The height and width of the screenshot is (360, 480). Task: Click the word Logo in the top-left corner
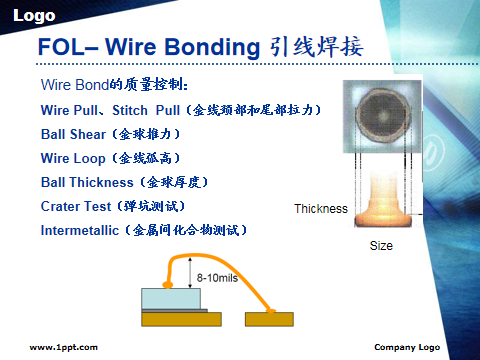click(x=34, y=16)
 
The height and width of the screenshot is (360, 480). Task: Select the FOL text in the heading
click(x=62, y=47)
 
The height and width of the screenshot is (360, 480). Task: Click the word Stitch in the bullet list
click(x=130, y=110)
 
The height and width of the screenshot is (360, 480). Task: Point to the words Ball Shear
click(x=73, y=134)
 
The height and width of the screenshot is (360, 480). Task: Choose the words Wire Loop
click(x=73, y=158)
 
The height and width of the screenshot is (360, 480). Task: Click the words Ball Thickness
click(x=87, y=182)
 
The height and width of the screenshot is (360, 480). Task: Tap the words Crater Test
click(x=76, y=206)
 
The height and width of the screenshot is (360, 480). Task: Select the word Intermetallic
click(x=80, y=230)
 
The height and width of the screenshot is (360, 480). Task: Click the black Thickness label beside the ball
click(x=321, y=209)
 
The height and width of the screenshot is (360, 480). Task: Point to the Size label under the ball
click(x=381, y=246)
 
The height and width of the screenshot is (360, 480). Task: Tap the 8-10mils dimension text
click(x=217, y=278)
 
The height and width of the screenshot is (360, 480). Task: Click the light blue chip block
click(x=171, y=299)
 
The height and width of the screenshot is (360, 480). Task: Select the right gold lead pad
click(x=269, y=319)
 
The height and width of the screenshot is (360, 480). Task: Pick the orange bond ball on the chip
click(x=168, y=284)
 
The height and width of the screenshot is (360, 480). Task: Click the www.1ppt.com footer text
click(x=64, y=348)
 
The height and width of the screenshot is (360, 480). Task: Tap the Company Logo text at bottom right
click(x=407, y=347)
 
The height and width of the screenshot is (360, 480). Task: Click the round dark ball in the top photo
click(x=383, y=116)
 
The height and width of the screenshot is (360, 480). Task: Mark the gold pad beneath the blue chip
click(x=181, y=319)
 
